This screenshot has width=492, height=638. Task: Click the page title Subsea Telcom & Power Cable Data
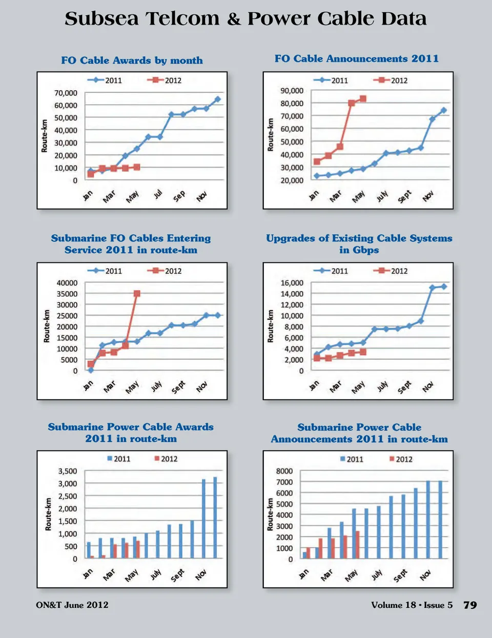(245, 19)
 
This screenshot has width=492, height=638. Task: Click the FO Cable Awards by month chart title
(132, 60)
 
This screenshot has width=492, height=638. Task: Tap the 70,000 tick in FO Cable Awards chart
(66, 93)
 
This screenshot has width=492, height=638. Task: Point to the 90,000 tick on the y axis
(292, 91)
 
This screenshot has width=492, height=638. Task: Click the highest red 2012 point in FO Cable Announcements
(363, 98)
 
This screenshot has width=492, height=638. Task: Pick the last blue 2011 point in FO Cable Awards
(217, 99)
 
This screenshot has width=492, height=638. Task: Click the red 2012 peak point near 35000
(137, 294)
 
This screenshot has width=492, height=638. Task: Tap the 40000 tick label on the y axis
(67, 283)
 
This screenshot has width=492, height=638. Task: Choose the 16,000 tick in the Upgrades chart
(292, 283)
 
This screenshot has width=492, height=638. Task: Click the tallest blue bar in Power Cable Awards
(215, 518)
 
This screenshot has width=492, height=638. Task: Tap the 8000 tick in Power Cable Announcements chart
(284, 471)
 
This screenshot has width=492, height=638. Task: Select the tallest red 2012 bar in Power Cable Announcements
(357, 544)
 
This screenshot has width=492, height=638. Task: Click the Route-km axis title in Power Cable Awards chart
(48, 514)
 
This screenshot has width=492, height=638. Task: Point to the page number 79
(470, 605)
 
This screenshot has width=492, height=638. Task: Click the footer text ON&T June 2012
(72, 605)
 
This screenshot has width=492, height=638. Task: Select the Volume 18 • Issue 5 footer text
(412, 605)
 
